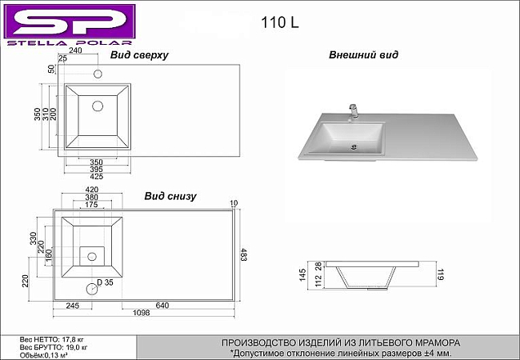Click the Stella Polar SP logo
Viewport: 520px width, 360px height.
(x=70, y=25)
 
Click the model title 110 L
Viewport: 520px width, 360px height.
(x=280, y=22)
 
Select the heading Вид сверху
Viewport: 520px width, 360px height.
(x=139, y=55)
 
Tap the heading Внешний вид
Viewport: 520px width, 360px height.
(x=363, y=54)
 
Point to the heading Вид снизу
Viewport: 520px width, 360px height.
(x=170, y=196)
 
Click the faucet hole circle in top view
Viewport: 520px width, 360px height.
(x=98, y=74)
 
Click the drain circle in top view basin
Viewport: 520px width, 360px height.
(x=98, y=106)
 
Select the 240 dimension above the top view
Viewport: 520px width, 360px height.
(x=75, y=50)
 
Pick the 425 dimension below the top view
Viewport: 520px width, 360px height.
(x=97, y=177)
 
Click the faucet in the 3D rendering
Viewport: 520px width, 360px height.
(x=354, y=111)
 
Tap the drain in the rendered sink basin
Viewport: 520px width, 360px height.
(x=354, y=146)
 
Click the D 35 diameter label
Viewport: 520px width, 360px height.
(x=105, y=282)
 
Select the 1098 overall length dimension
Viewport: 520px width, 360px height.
(x=142, y=313)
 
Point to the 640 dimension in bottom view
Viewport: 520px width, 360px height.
(x=162, y=306)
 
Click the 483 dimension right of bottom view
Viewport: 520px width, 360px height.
(x=243, y=254)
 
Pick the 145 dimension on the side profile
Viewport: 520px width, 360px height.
(x=302, y=275)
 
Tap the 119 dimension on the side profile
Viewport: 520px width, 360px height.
(x=440, y=274)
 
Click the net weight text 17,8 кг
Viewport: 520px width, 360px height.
(x=71, y=339)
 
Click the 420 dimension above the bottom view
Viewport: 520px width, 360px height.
(x=92, y=190)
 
